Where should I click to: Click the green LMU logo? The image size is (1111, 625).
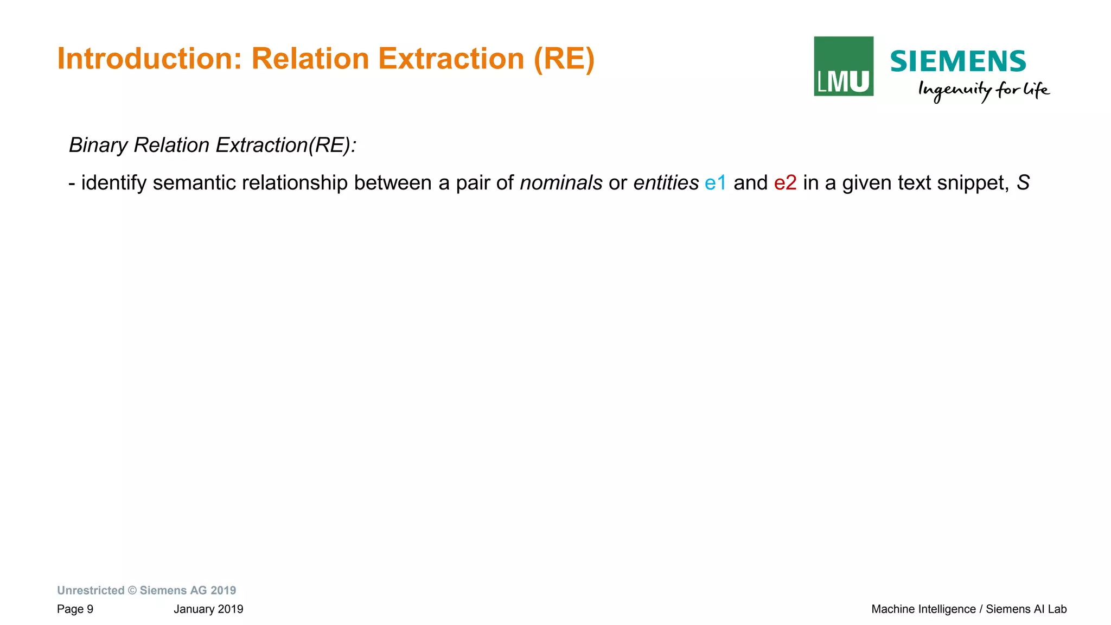[844, 66]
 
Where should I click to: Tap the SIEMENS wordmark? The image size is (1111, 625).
[958, 61]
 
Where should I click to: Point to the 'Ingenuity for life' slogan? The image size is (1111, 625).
[984, 90]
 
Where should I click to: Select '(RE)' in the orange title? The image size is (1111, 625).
[564, 59]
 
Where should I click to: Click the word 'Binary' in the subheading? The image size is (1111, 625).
[98, 146]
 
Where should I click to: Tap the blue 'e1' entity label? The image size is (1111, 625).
[716, 183]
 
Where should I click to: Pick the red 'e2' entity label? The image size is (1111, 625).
[785, 183]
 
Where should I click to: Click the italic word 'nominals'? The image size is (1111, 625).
[561, 183]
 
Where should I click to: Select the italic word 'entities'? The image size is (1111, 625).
[666, 183]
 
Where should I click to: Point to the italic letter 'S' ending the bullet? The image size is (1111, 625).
[1023, 183]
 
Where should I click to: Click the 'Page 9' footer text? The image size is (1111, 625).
[75, 609]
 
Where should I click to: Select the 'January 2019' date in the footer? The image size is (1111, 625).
[208, 609]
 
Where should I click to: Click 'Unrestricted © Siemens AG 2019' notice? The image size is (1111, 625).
[146, 590]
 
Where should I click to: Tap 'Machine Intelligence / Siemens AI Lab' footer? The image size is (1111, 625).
[969, 609]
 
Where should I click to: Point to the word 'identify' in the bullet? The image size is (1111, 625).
[114, 183]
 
